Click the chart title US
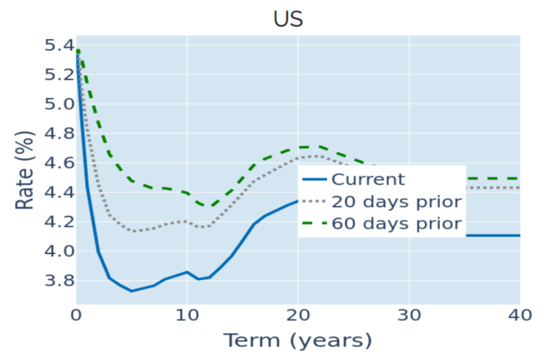pos(288,19)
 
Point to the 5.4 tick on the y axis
pos(59,45)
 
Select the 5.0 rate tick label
pos(59,104)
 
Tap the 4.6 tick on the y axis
pos(59,163)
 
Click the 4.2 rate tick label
pos(59,222)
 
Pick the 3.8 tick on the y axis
pos(59,280)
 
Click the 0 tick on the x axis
pos(76,315)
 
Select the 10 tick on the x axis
pos(187,315)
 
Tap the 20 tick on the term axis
pos(298,315)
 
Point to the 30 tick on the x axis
pos(409,315)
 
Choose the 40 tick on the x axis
pos(520,315)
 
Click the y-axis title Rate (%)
pos(24,170)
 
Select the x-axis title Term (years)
pos(298,341)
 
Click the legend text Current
pos(368,179)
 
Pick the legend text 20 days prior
pos(397,202)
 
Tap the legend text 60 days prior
pos(397,223)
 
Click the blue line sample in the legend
pos(314,179)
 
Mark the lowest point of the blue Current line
pos(132,291)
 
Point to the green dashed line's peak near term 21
pos(309,147)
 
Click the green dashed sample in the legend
pos(314,223)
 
